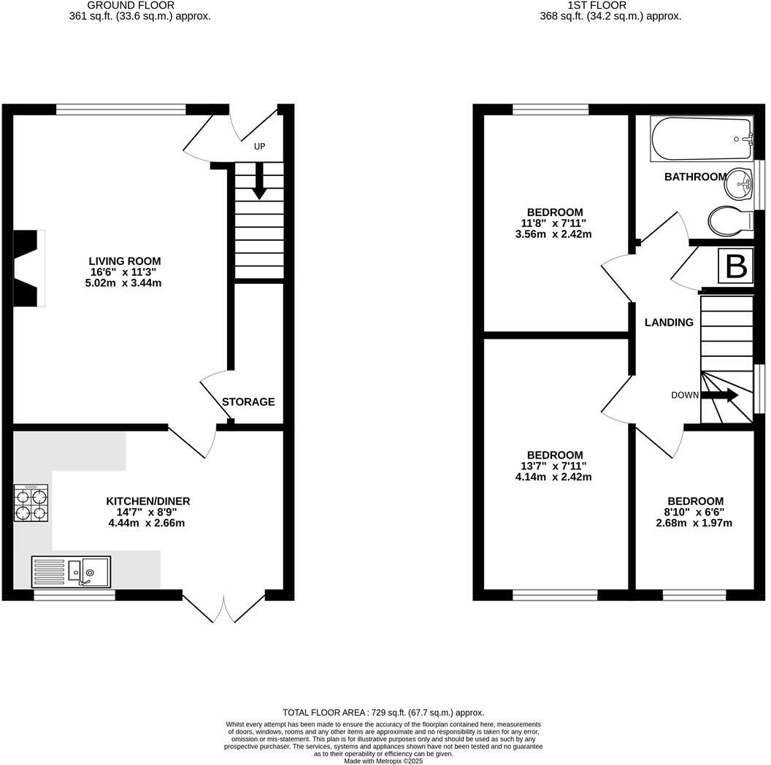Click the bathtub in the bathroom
click(x=701, y=139)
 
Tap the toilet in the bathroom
click(x=731, y=220)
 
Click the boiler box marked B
click(x=736, y=267)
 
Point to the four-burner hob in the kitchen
click(x=31, y=504)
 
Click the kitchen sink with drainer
click(x=71, y=572)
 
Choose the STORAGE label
click(x=248, y=401)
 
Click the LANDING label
click(x=669, y=322)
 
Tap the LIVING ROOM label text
click(x=124, y=261)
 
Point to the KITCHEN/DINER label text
click(x=148, y=501)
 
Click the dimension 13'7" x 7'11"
click(x=552, y=466)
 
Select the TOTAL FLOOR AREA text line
click(x=383, y=712)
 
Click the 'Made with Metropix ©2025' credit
click(x=383, y=760)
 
